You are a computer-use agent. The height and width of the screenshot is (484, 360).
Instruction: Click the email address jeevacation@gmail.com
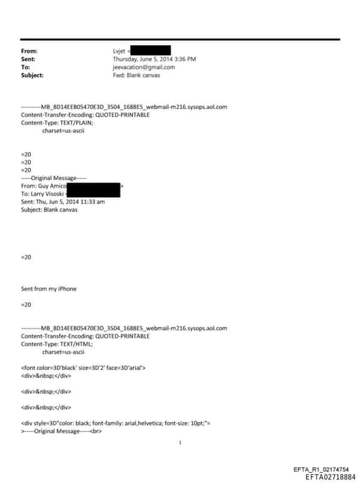point(144,67)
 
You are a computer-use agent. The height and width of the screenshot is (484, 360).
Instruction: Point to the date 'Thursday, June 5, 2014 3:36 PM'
point(154,59)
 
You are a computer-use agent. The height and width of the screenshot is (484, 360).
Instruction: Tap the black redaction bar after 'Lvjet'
point(150,51)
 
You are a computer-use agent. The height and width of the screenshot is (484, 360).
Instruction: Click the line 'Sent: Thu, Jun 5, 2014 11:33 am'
point(63,201)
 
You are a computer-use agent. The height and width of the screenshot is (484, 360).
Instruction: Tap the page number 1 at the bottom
point(181,442)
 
